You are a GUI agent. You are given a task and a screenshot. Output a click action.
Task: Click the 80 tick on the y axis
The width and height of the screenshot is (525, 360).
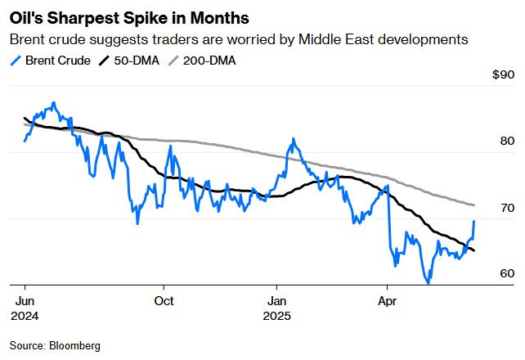pyautogui.click(x=507, y=141)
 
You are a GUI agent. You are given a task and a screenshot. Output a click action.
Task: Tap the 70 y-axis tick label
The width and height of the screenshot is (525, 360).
pyautogui.click(x=507, y=207)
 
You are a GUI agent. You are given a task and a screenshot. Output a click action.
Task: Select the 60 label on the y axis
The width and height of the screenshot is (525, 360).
pyautogui.click(x=507, y=273)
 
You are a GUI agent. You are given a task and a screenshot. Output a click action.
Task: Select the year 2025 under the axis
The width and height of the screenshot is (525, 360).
pyautogui.click(x=277, y=315)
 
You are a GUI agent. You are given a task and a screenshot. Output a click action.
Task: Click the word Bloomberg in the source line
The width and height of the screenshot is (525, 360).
pyautogui.click(x=74, y=346)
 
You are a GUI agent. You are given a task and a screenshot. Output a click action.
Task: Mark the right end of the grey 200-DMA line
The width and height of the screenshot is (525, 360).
pyautogui.click(x=474, y=205)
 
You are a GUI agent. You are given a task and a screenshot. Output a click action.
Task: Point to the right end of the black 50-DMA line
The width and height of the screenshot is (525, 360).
pyautogui.click(x=474, y=250)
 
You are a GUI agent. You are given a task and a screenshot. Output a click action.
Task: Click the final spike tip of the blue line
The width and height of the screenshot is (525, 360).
pyautogui.click(x=474, y=221)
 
